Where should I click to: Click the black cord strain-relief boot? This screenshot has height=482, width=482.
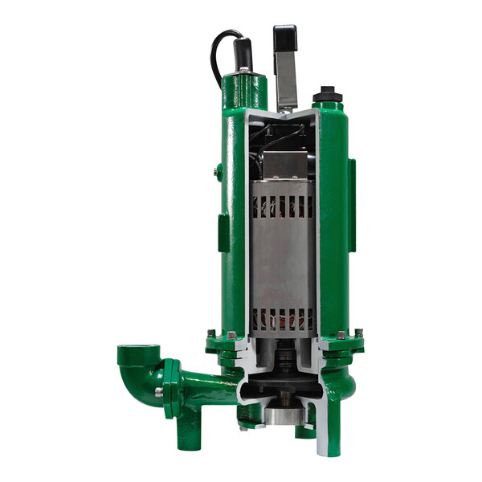[x=242, y=54]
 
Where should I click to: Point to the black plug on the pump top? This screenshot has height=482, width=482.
[x=328, y=95]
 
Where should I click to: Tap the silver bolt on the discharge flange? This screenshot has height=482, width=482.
[x=159, y=391]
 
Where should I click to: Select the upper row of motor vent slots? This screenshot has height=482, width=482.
[x=280, y=206]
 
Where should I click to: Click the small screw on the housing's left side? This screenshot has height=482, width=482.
[x=216, y=170]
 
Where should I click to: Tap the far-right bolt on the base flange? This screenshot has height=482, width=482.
[x=358, y=333]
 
